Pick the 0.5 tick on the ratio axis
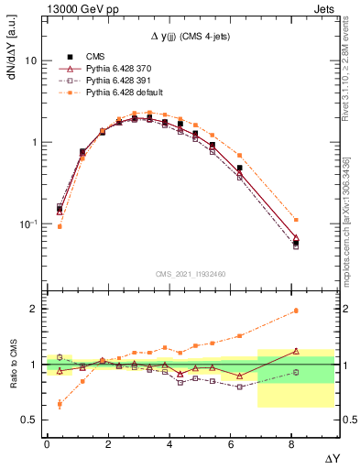[28, 420]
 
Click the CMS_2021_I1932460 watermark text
[191, 273]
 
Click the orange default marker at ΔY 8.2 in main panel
[295, 220]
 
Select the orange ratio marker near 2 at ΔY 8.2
[295, 311]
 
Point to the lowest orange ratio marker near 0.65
[60, 403]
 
